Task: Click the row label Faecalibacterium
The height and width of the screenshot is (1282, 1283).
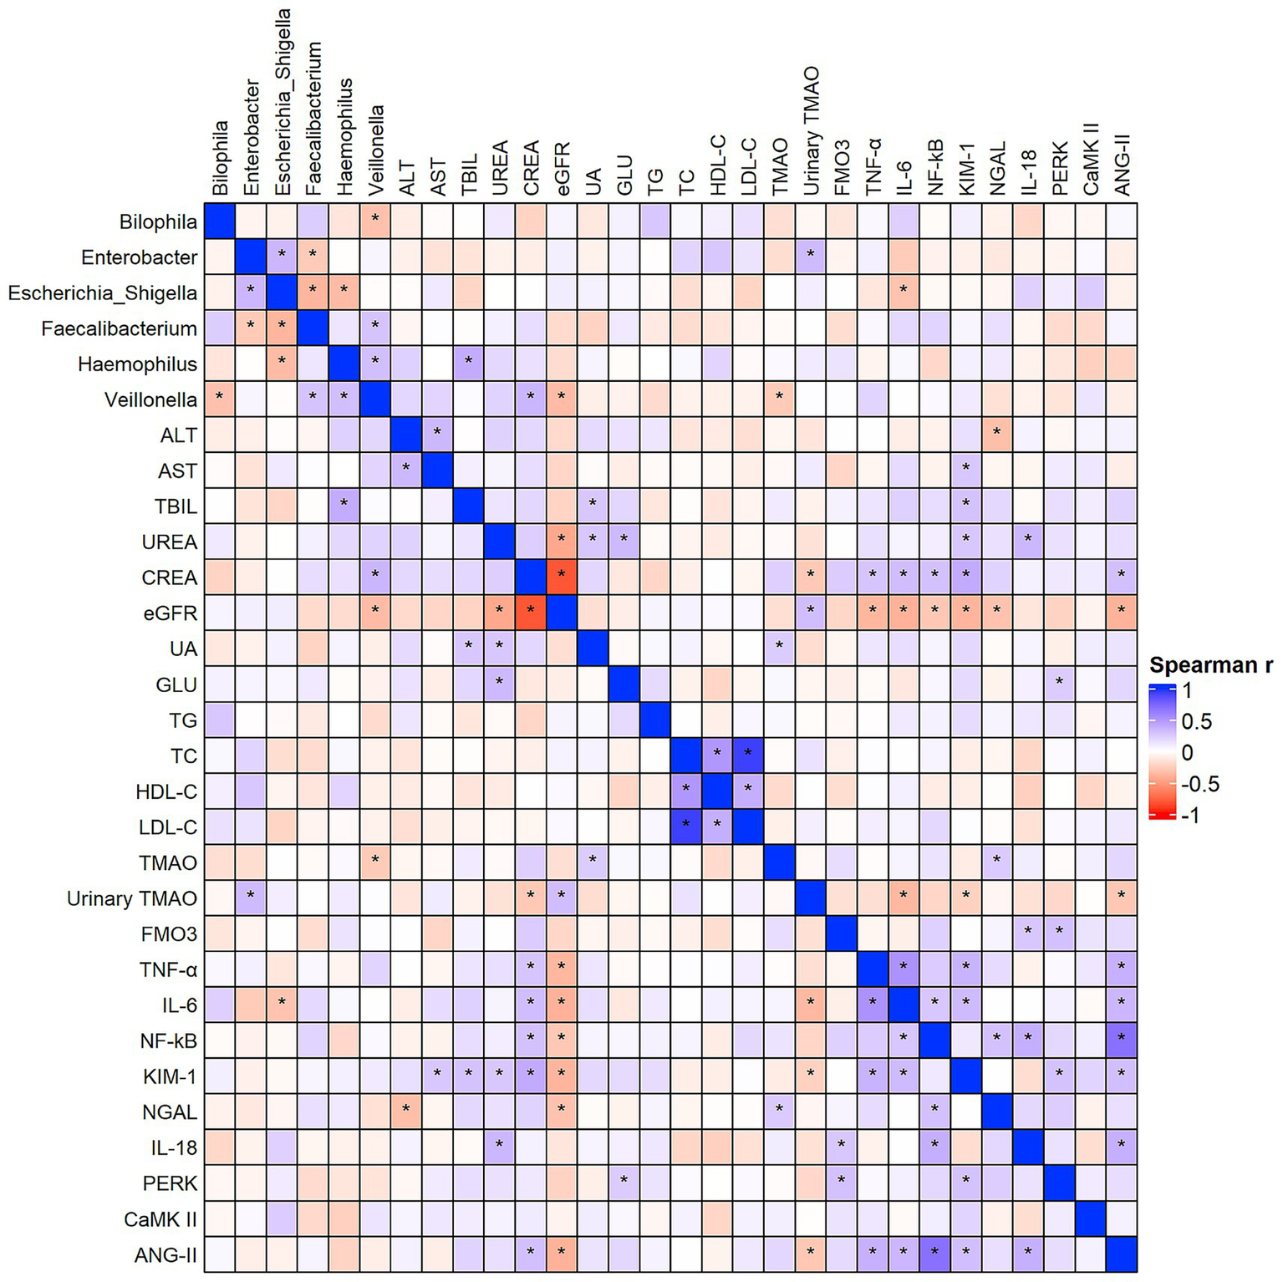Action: click(119, 328)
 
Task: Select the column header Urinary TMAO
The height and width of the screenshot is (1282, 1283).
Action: click(811, 132)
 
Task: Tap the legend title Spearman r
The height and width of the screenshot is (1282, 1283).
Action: click(1210, 665)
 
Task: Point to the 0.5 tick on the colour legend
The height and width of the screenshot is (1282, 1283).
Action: click(1196, 722)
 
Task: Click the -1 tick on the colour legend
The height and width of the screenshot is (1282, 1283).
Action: click(1191, 815)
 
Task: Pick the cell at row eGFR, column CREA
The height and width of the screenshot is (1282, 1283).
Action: click(531, 613)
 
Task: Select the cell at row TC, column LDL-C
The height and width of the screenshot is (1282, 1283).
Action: click(748, 755)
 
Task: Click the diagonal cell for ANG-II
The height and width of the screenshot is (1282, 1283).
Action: click(1122, 1254)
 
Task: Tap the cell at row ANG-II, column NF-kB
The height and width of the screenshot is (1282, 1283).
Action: click(934, 1254)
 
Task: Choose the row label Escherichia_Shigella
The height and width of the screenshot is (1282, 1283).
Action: click(102, 293)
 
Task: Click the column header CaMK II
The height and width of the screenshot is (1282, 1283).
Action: click(1090, 159)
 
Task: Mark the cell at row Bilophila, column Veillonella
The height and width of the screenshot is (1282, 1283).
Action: click(375, 221)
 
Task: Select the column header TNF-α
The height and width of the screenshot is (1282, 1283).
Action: click(873, 166)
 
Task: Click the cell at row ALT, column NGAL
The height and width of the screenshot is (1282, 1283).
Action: click(997, 435)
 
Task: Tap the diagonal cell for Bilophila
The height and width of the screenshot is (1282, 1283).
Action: click(220, 221)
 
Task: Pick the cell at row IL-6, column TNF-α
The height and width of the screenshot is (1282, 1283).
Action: click(873, 1005)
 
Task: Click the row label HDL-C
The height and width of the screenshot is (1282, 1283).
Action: click(166, 791)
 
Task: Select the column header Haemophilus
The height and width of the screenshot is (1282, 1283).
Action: click(344, 137)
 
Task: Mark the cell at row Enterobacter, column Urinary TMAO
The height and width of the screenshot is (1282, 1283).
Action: click(811, 257)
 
